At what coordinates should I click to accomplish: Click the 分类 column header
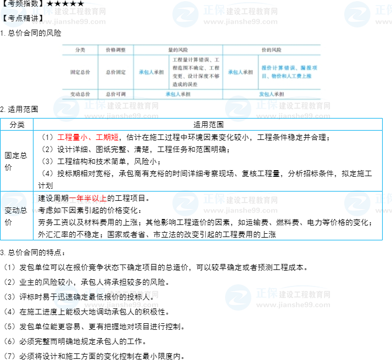click(79, 49)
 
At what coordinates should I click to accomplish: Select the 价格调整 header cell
click(115, 49)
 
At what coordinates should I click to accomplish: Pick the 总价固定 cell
click(115, 72)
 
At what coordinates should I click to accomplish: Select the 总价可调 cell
click(115, 94)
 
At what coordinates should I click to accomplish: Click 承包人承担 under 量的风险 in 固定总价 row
click(151, 72)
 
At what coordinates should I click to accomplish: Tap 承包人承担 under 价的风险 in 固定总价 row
click(240, 72)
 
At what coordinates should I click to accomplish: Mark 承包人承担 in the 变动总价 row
click(178, 94)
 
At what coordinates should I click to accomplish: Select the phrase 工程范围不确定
click(190, 68)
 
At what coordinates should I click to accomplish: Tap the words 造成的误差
click(184, 85)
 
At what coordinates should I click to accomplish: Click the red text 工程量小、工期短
click(88, 137)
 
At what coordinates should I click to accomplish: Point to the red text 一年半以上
click(88, 199)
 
